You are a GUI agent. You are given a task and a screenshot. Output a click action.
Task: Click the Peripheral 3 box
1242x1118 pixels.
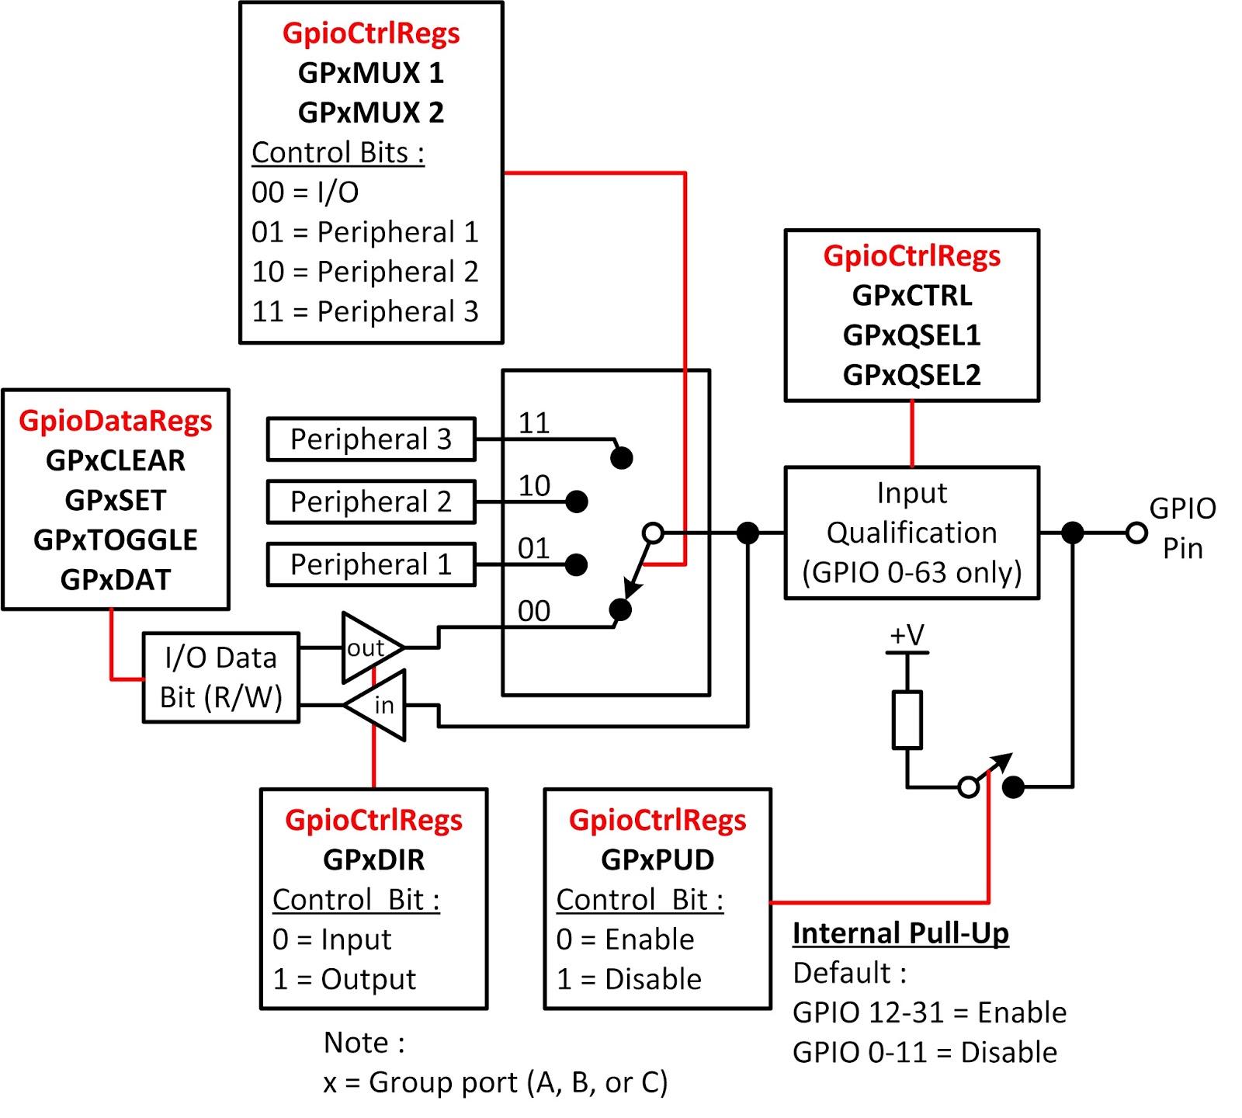[x=370, y=439]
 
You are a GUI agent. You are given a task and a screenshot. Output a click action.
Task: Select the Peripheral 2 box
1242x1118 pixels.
[x=370, y=502]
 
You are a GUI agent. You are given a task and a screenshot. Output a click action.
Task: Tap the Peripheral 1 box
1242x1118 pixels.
[x=370, y=564]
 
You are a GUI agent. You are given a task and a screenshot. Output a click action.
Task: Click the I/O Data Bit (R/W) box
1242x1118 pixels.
[x=220, y=678]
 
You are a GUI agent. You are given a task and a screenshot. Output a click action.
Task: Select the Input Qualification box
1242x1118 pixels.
[x=911, y=533]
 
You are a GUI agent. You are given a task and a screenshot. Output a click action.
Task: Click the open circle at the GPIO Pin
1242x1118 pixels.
[x=1136, y=533]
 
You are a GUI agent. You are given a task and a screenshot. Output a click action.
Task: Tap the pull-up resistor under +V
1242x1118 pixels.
[x=907, y=720]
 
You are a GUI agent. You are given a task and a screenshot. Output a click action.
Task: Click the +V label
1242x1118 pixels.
[x=907, y=635]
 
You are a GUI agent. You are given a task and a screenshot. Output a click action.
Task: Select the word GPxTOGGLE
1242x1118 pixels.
[x=116, y=540]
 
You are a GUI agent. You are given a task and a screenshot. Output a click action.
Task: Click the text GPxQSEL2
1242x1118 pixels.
[x=911, y=375]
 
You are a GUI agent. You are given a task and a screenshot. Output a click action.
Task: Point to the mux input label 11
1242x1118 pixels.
[x=534, y=423]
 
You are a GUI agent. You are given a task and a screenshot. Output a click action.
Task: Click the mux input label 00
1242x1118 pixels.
[x=534, y=611]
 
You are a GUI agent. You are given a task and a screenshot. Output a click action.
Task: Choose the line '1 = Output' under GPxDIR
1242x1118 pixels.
[x=345, y=979]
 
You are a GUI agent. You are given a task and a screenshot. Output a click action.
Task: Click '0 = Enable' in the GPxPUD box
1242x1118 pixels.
[x=626, y=939]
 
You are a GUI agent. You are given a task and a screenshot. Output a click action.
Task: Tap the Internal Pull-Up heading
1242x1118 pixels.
[x=900, y=933]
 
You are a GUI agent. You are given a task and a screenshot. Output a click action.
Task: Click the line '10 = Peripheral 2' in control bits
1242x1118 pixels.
[x=365, y=272]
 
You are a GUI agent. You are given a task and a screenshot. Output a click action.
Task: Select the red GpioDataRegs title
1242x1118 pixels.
[x=116, y=421]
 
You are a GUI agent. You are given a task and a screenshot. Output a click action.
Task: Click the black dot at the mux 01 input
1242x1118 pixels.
[x=576, y=564]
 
